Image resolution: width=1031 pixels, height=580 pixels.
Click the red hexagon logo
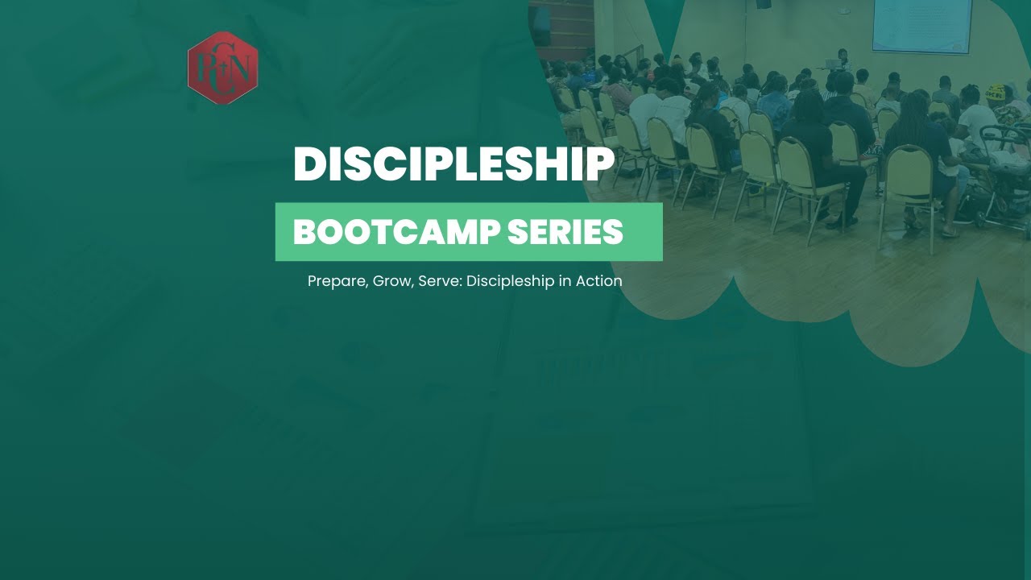tap(222, 68)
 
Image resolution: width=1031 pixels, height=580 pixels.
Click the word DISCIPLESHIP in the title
tap(453, 164)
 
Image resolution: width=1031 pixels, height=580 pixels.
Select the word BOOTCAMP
tap(396, 232)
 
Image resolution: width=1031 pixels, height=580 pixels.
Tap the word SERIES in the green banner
tap(565, 232)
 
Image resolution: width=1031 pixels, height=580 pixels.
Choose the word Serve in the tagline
tap(438, 281)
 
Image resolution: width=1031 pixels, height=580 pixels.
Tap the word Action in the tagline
tap(598, 281)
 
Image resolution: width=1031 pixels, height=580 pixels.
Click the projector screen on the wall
tap(922, 24)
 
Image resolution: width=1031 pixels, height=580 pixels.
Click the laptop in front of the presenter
tap(832, 64)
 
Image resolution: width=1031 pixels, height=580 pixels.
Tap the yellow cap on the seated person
tap(996, 92)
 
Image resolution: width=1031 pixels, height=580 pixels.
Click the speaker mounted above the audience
tap(762, 4)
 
